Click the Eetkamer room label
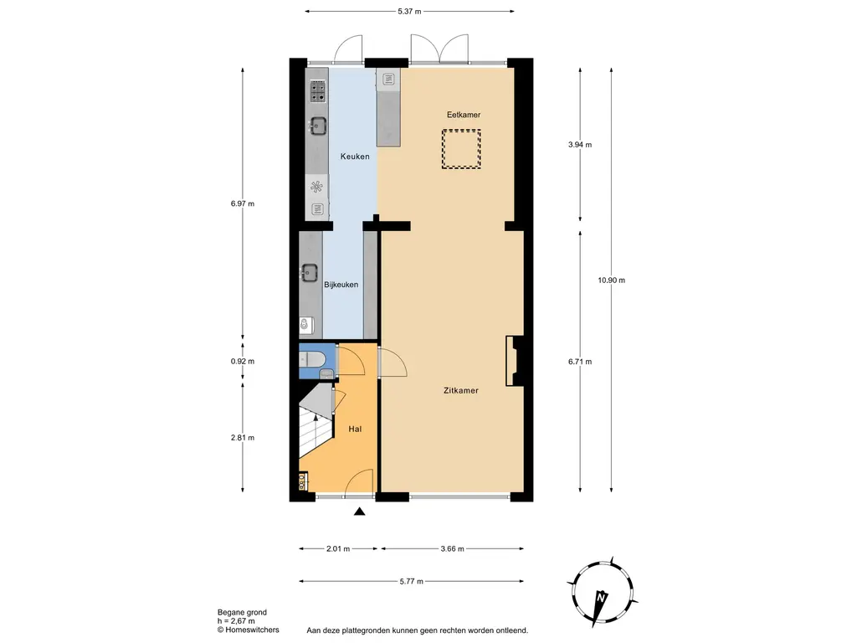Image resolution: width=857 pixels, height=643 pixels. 463,115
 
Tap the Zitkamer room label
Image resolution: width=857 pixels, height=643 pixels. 461,390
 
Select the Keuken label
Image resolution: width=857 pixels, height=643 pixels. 354,157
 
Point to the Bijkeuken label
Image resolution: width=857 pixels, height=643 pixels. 341,285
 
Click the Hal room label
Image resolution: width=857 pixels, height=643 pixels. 355,429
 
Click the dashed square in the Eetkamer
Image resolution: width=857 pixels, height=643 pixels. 461,149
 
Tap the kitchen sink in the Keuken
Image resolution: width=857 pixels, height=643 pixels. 318,126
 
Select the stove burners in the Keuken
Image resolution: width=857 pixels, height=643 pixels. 318,90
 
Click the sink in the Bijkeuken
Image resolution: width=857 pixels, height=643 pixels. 310,272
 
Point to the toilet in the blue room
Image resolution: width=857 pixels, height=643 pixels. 314,359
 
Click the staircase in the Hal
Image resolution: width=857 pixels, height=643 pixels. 316,427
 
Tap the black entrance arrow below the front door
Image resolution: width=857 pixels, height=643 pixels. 360,512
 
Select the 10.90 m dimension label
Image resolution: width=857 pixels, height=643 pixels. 612,280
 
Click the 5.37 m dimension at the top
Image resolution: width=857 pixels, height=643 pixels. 409,12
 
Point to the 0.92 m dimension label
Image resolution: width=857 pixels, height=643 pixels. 242,362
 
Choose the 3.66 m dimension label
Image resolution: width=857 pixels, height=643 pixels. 452,549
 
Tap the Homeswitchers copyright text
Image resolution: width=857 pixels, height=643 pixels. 249,630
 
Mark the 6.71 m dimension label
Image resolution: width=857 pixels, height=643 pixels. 579,362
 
